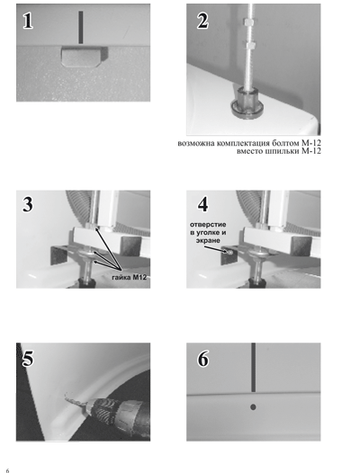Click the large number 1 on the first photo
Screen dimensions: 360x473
point(28,21)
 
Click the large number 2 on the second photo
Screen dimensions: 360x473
point(202,21)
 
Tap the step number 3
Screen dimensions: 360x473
point(28,204)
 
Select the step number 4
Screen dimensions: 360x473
point(202,204)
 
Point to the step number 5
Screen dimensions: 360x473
point(28,359)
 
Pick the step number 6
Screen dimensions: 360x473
point(203,359)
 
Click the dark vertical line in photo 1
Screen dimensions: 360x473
point(81,28)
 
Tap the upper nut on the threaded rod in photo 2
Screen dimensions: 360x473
point(250,22)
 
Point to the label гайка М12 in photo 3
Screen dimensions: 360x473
point(130,277)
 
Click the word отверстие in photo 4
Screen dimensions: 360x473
point(208,225)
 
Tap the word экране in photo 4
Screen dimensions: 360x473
point(208,240)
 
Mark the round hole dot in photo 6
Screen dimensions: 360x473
point(253,407)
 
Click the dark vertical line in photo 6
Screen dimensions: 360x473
point(254,367)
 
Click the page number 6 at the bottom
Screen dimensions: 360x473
point(7,470)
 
